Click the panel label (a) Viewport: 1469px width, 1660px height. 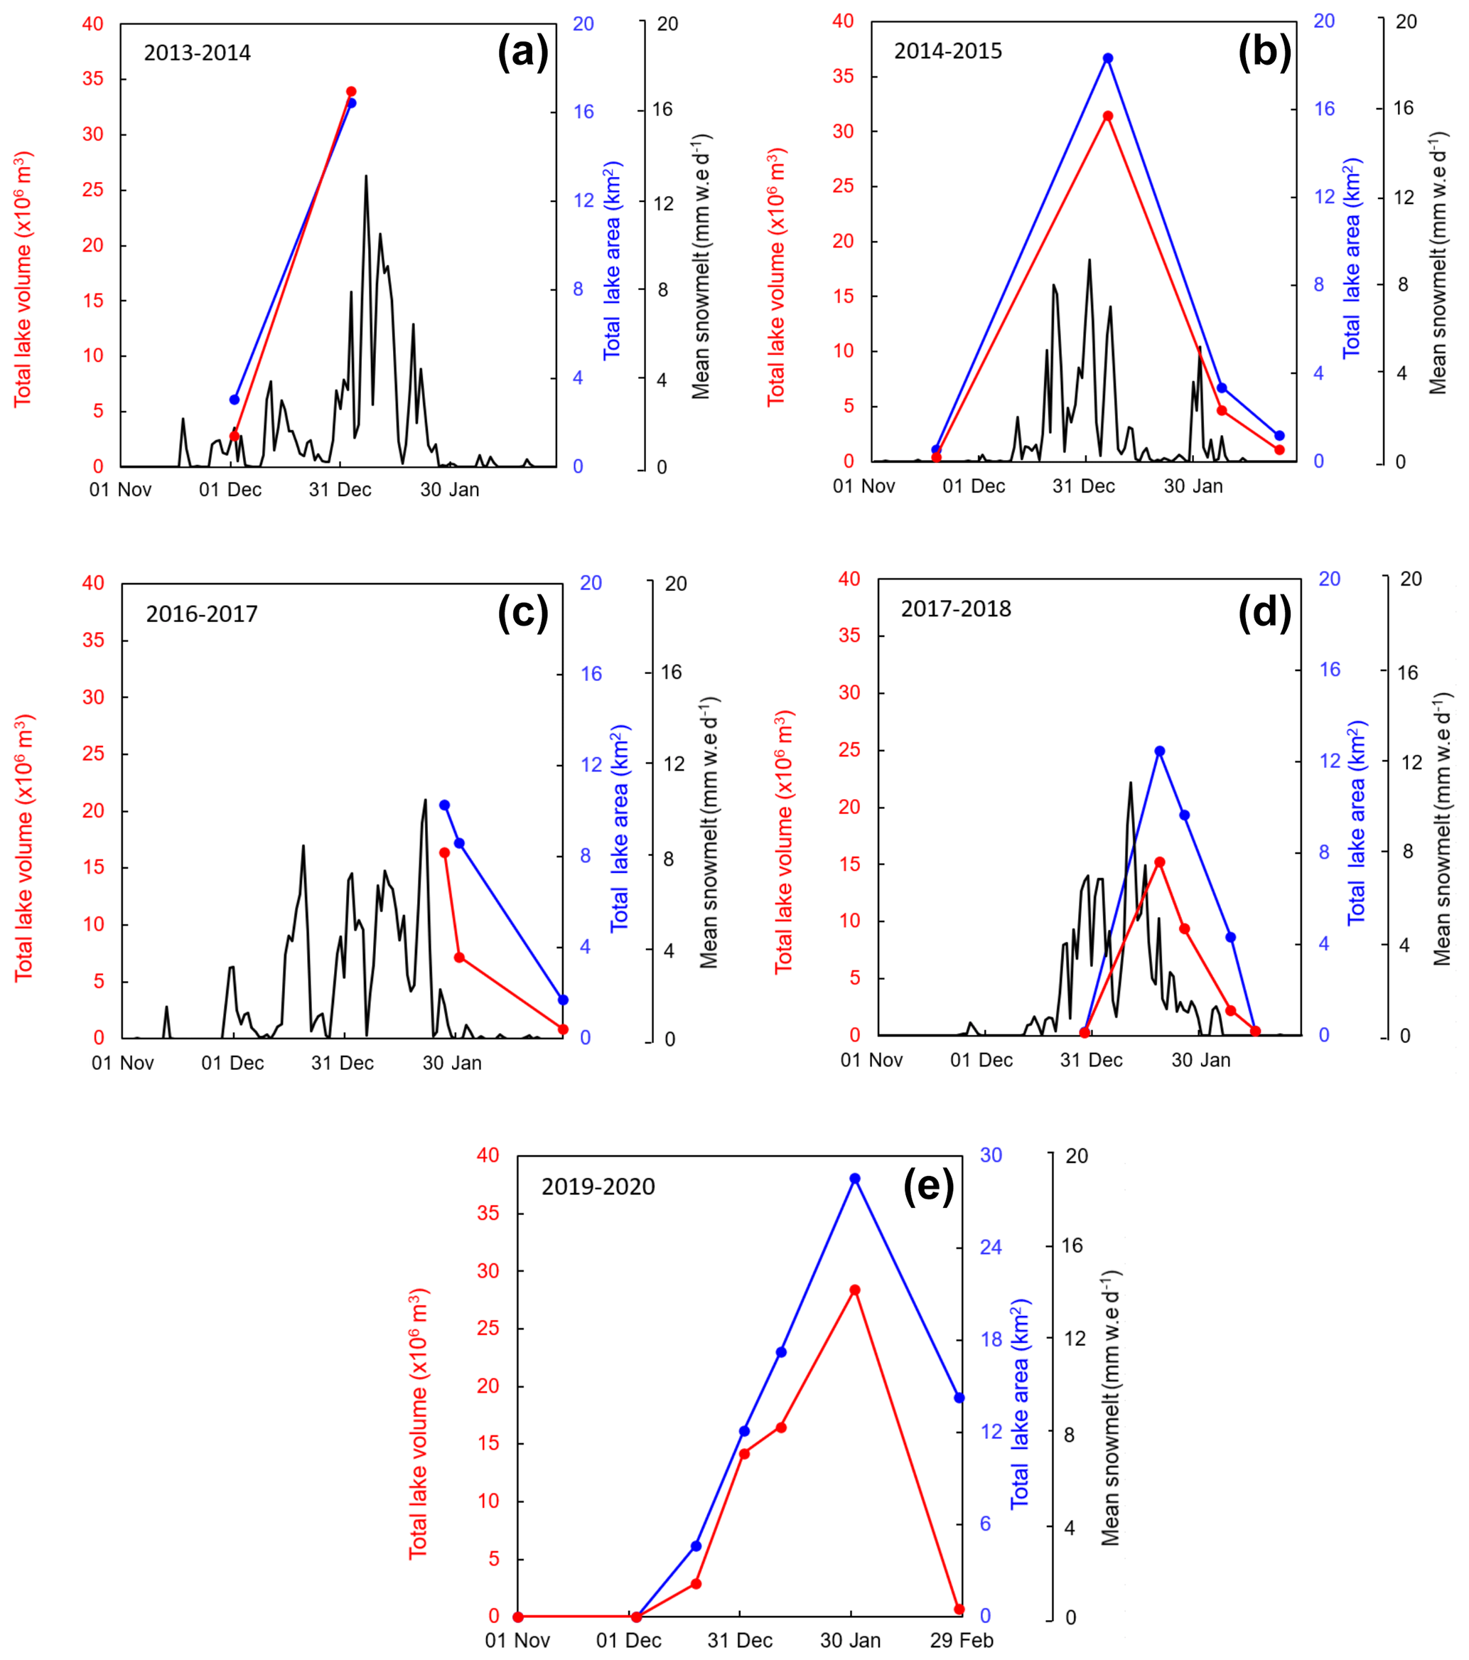(523, 53)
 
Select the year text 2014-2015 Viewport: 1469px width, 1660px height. (947, 51)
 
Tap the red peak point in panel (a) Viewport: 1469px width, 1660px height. (351, 92)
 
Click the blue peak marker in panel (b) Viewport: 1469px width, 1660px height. (1108, 58)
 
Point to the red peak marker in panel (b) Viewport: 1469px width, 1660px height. (1108, 116)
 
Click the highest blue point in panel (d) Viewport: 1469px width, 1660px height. (1160, 751)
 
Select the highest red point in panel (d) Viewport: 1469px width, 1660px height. (1160, 862)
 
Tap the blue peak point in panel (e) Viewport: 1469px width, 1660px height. (855, 1179)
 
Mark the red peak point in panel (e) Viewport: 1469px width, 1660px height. (855, 1290)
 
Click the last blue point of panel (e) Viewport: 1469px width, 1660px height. (959, 1398)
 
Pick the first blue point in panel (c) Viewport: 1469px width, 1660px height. (444, 805)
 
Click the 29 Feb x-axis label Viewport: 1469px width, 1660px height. (962, 1641)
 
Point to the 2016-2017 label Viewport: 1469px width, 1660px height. (201, 614)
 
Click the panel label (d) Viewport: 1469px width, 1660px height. (1264, 612)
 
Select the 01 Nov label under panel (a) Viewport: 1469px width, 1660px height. (120, 490)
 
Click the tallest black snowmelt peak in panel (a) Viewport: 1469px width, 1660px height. (365, 176)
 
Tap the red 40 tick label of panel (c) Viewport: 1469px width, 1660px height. (93, 583)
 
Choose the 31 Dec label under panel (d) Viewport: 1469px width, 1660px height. (1092, 1060)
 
